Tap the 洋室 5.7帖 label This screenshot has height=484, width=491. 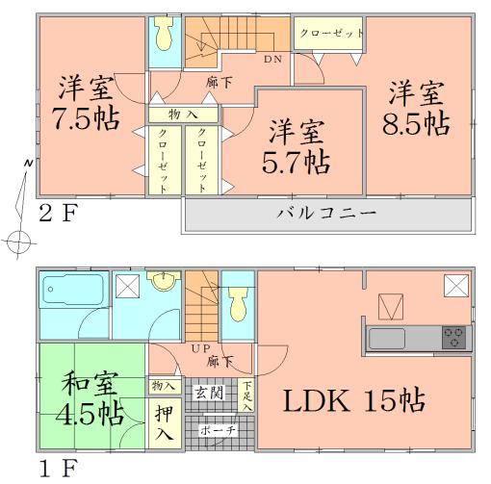[x=296, y=145]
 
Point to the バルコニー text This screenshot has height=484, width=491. [x=327, y=213]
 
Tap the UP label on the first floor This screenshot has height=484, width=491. [x=200, y=347]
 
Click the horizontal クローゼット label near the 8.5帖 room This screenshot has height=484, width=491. [x=331, y=33]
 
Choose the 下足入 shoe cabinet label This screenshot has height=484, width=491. [x=247, y=395]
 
